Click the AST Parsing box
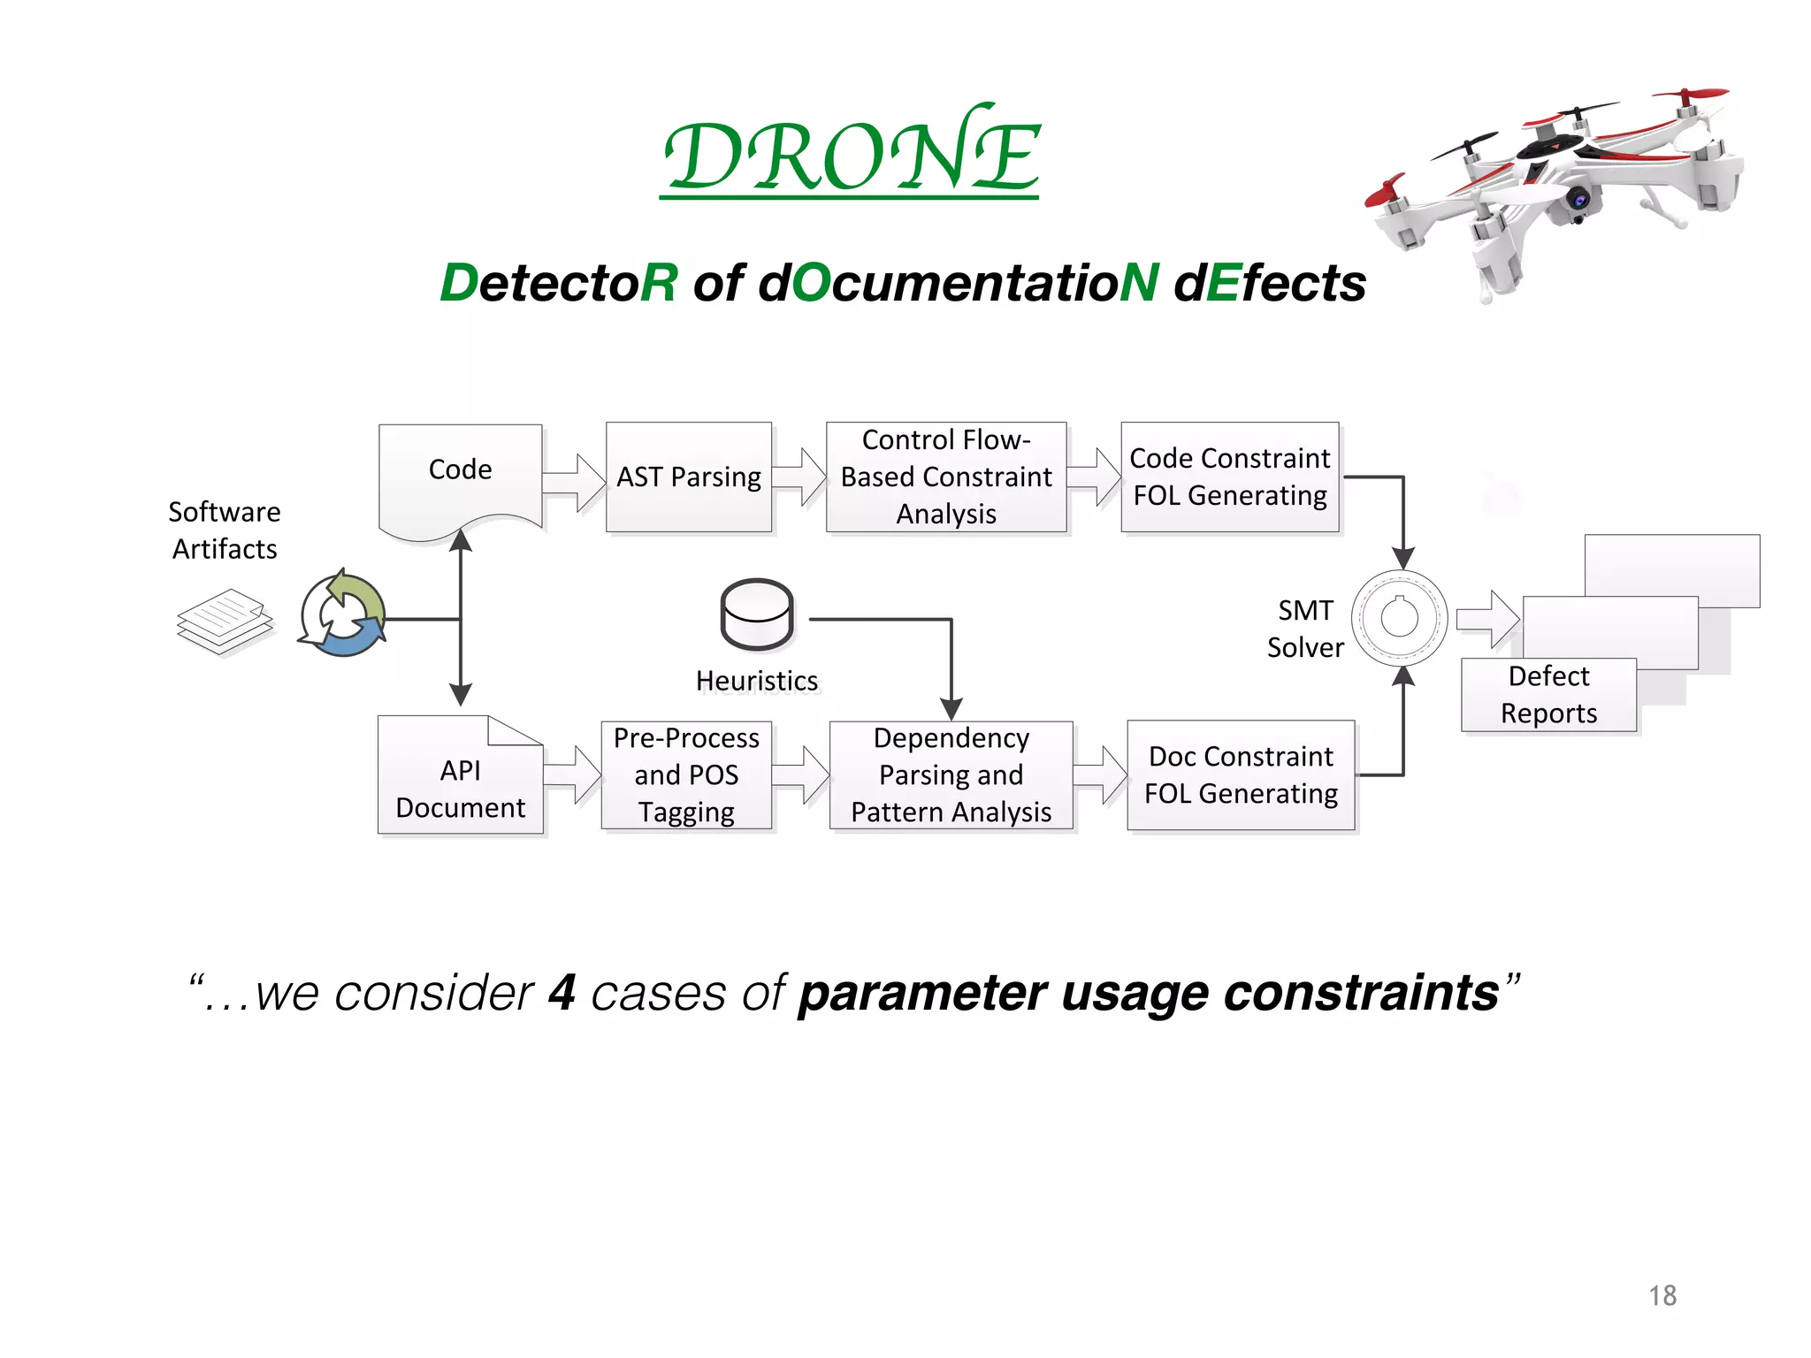(x=688, y=477)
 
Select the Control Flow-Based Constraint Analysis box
(x=945, y=477)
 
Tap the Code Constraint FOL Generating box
(x=1229, y=477)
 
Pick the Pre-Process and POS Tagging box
(x=686, y=775)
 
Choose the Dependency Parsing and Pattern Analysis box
(x=951, y=775)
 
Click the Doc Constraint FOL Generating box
(x=1240, y=775)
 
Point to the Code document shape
(x=460, y=477)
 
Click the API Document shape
(x=460, y=782)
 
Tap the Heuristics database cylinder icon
(x=757, y=614)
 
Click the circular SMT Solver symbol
(x=1399, y=618)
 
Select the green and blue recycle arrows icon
(x=343, y=614)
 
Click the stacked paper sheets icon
(x=225, y=622)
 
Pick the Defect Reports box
(x=1548, y=695)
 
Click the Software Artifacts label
(x=225, y=530)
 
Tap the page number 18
(x=1662, y=1295)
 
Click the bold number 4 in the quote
(x=562, y=993)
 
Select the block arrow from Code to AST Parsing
(x=574, y=483)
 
